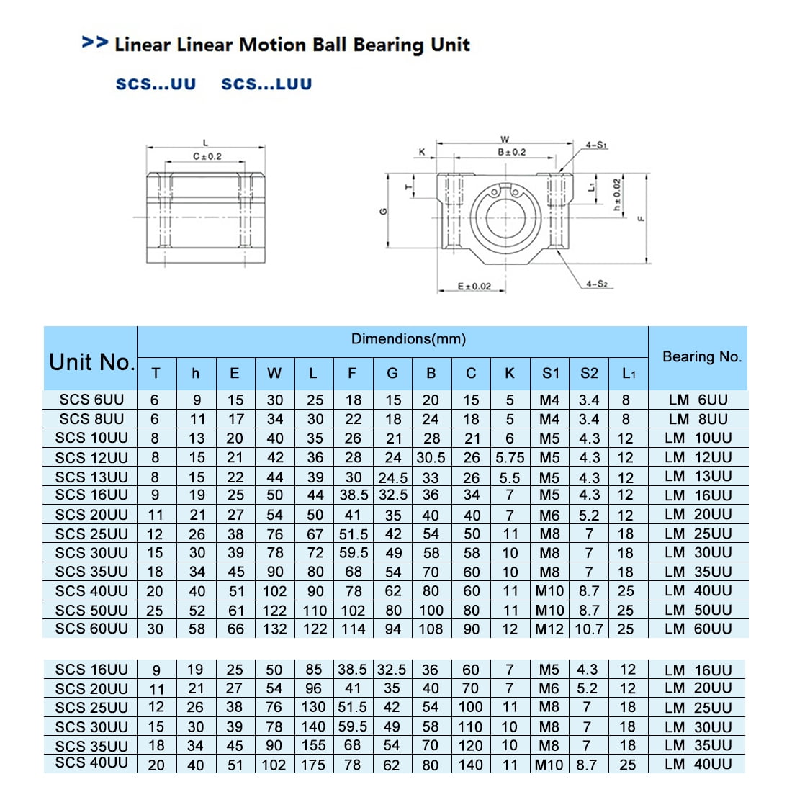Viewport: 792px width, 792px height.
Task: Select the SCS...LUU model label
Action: point(266,84)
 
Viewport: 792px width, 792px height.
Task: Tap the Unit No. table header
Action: point(91,361)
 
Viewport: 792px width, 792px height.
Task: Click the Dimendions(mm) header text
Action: point(408,339)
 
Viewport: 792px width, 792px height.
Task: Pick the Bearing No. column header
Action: point(701,356)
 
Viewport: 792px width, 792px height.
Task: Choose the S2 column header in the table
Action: point(589,373)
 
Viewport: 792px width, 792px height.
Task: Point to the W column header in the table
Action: point(274,373)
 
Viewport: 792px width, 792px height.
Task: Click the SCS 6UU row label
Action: point(91,400)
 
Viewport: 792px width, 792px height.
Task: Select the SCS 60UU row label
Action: point(91,629)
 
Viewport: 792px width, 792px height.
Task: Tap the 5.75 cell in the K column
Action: point(510,457)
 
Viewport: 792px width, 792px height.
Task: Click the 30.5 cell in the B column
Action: point(431,457)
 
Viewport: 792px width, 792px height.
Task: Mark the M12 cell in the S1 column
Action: point(549,629)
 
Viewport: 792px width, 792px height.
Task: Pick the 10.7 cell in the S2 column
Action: point(589,629)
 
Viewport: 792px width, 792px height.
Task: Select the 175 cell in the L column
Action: point(313,765)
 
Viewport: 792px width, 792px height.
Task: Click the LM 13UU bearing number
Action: point(698,476)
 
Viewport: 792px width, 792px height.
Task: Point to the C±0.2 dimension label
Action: point(207,156)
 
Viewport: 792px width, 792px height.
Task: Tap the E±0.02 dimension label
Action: point(474,287)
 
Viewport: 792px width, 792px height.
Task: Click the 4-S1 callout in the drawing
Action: point(596,145)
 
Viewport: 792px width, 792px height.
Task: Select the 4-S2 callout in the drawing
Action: point(596,284)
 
